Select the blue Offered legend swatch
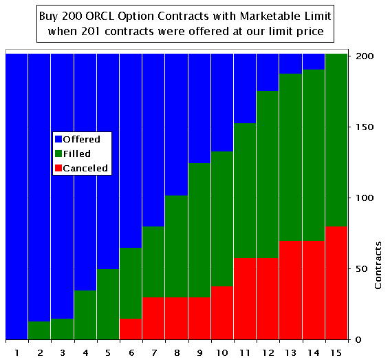click(58, 139)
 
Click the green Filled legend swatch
click(58, 153)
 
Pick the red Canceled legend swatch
click(58, 168)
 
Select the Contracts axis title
click(378, 265)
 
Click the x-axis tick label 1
click(16, 352)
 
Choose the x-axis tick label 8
click(176, 352)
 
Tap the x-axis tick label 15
click(336, 352)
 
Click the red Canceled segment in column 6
click(131, 329)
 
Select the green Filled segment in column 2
click(39, 330)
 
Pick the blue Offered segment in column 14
click(313, 61)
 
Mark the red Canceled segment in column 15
click(336, 283)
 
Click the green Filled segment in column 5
click(107, 304)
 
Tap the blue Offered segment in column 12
click(268, 72)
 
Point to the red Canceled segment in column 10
click(221, 313)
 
